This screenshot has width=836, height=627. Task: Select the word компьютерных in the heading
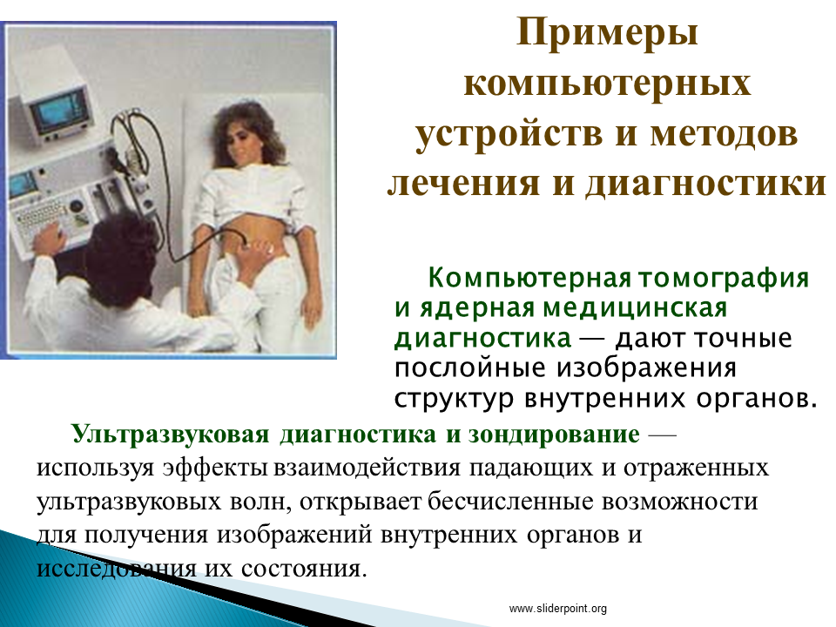[x=607, y=84]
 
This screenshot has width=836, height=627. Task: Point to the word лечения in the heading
[x=463, y=183]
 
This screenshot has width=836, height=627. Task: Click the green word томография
[x=724, y=279]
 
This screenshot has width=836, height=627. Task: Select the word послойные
[x=469, y=368]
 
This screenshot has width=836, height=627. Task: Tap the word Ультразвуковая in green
[x=171, y=435]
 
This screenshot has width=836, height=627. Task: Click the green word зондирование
[x=554, y=435]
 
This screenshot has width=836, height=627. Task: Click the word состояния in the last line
[x=304, y=569]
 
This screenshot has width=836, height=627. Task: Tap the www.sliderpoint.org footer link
[x=557, y=609]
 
